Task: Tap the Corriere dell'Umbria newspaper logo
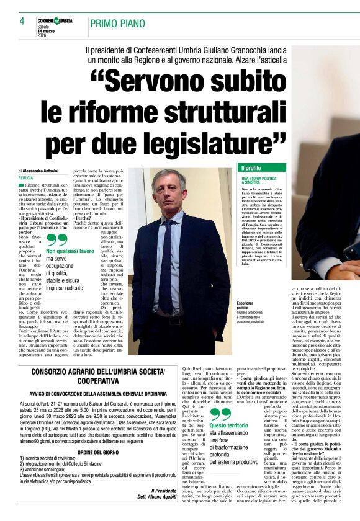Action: pyautogui.click(x=55, y=20)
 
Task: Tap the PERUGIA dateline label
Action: pyautogui.click(x=26, y=177)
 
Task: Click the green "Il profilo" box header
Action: pyautogui.click(x=251, y=168)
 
